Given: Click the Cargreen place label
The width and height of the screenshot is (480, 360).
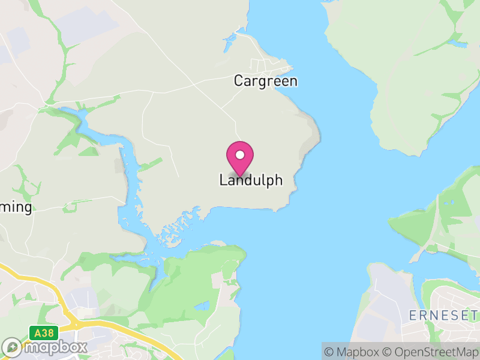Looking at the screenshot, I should pyautogui.click(x=265, y=81).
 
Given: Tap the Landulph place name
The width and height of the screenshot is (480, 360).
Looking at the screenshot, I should pyautogui.click(x=251, y=180).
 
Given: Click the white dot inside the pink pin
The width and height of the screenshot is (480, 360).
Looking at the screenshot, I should pyautogui.click(x=240, y=155).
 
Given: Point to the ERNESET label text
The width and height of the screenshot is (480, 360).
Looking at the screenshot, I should pyautogui.click(x=443, y=315).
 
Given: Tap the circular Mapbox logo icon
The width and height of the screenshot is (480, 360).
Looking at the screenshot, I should pyautogui.click(x=12, y=347).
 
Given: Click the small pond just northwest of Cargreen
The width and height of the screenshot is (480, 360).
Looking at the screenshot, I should pyautogui.click(x=229, y=41).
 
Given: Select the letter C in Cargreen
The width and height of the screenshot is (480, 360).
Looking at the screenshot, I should pyautogui.click(x=238, y=81).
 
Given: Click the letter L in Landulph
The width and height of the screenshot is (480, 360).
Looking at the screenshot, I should pyautogui.click(x=223, y=180).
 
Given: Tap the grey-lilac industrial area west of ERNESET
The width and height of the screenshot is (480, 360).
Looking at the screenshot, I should pyautogui.click(x=384, y=300).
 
